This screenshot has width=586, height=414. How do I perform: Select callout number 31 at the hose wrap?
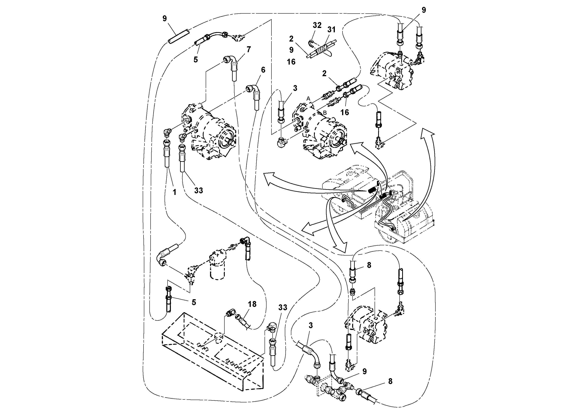(x=331, y=30)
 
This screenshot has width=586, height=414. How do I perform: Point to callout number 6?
(x=263, y=70)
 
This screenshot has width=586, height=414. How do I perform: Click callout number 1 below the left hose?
(x=175, y=192)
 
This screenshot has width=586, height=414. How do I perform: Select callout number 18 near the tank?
(x=252, y=304)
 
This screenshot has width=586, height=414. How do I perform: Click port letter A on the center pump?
(x=308, y=98)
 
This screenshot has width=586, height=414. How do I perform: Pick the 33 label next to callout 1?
(x=199, y=190)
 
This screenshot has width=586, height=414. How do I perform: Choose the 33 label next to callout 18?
(x=283, y=307)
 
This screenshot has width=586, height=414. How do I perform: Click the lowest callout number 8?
(x=390, y=382)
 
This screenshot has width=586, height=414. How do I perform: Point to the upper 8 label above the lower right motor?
(x=369, y=265)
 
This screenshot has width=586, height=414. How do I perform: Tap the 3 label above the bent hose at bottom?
(x=311, y=325)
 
